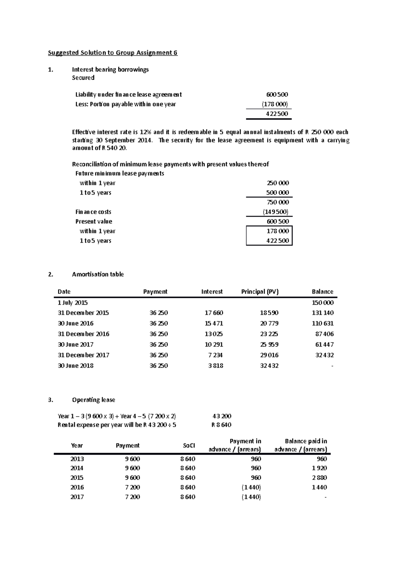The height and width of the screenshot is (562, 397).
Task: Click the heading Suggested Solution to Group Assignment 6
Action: coord(113,53)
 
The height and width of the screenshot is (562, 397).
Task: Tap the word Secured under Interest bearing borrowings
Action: coord(83,78)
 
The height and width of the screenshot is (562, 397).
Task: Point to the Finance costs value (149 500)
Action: coord(276,212)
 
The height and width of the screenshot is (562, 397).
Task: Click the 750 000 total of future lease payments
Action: coord(278,202)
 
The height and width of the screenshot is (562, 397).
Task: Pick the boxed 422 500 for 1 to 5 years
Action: coord(278,241)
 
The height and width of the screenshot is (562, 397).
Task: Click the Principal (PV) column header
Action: coord(260,292)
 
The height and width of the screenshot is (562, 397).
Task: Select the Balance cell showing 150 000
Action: coord(323,303)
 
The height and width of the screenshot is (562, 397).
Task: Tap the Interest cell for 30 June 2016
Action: coord(214,323)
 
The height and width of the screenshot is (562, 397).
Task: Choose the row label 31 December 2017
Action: coord(83,355)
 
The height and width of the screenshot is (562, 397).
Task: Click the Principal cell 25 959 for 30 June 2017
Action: coord(269,345)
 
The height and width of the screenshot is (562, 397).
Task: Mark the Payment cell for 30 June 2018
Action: coord(158,366)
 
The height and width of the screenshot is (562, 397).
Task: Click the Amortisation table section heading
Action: coord(98,274)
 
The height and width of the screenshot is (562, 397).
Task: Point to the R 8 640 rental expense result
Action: coord(221,425)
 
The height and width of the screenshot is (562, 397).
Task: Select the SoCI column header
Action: coord(189,445)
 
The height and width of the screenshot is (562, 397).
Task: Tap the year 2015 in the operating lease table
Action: coord(77,478)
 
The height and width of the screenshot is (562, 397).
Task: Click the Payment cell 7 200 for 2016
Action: coord(132,487)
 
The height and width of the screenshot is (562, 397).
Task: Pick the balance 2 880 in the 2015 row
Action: coord(319,478)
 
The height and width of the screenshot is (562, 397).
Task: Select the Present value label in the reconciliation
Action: coord(94,221)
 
